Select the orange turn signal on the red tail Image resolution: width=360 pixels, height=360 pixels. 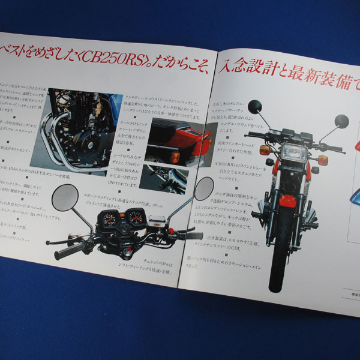coord(175,157)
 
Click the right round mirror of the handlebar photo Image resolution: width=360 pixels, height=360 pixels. coord(203,188)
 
